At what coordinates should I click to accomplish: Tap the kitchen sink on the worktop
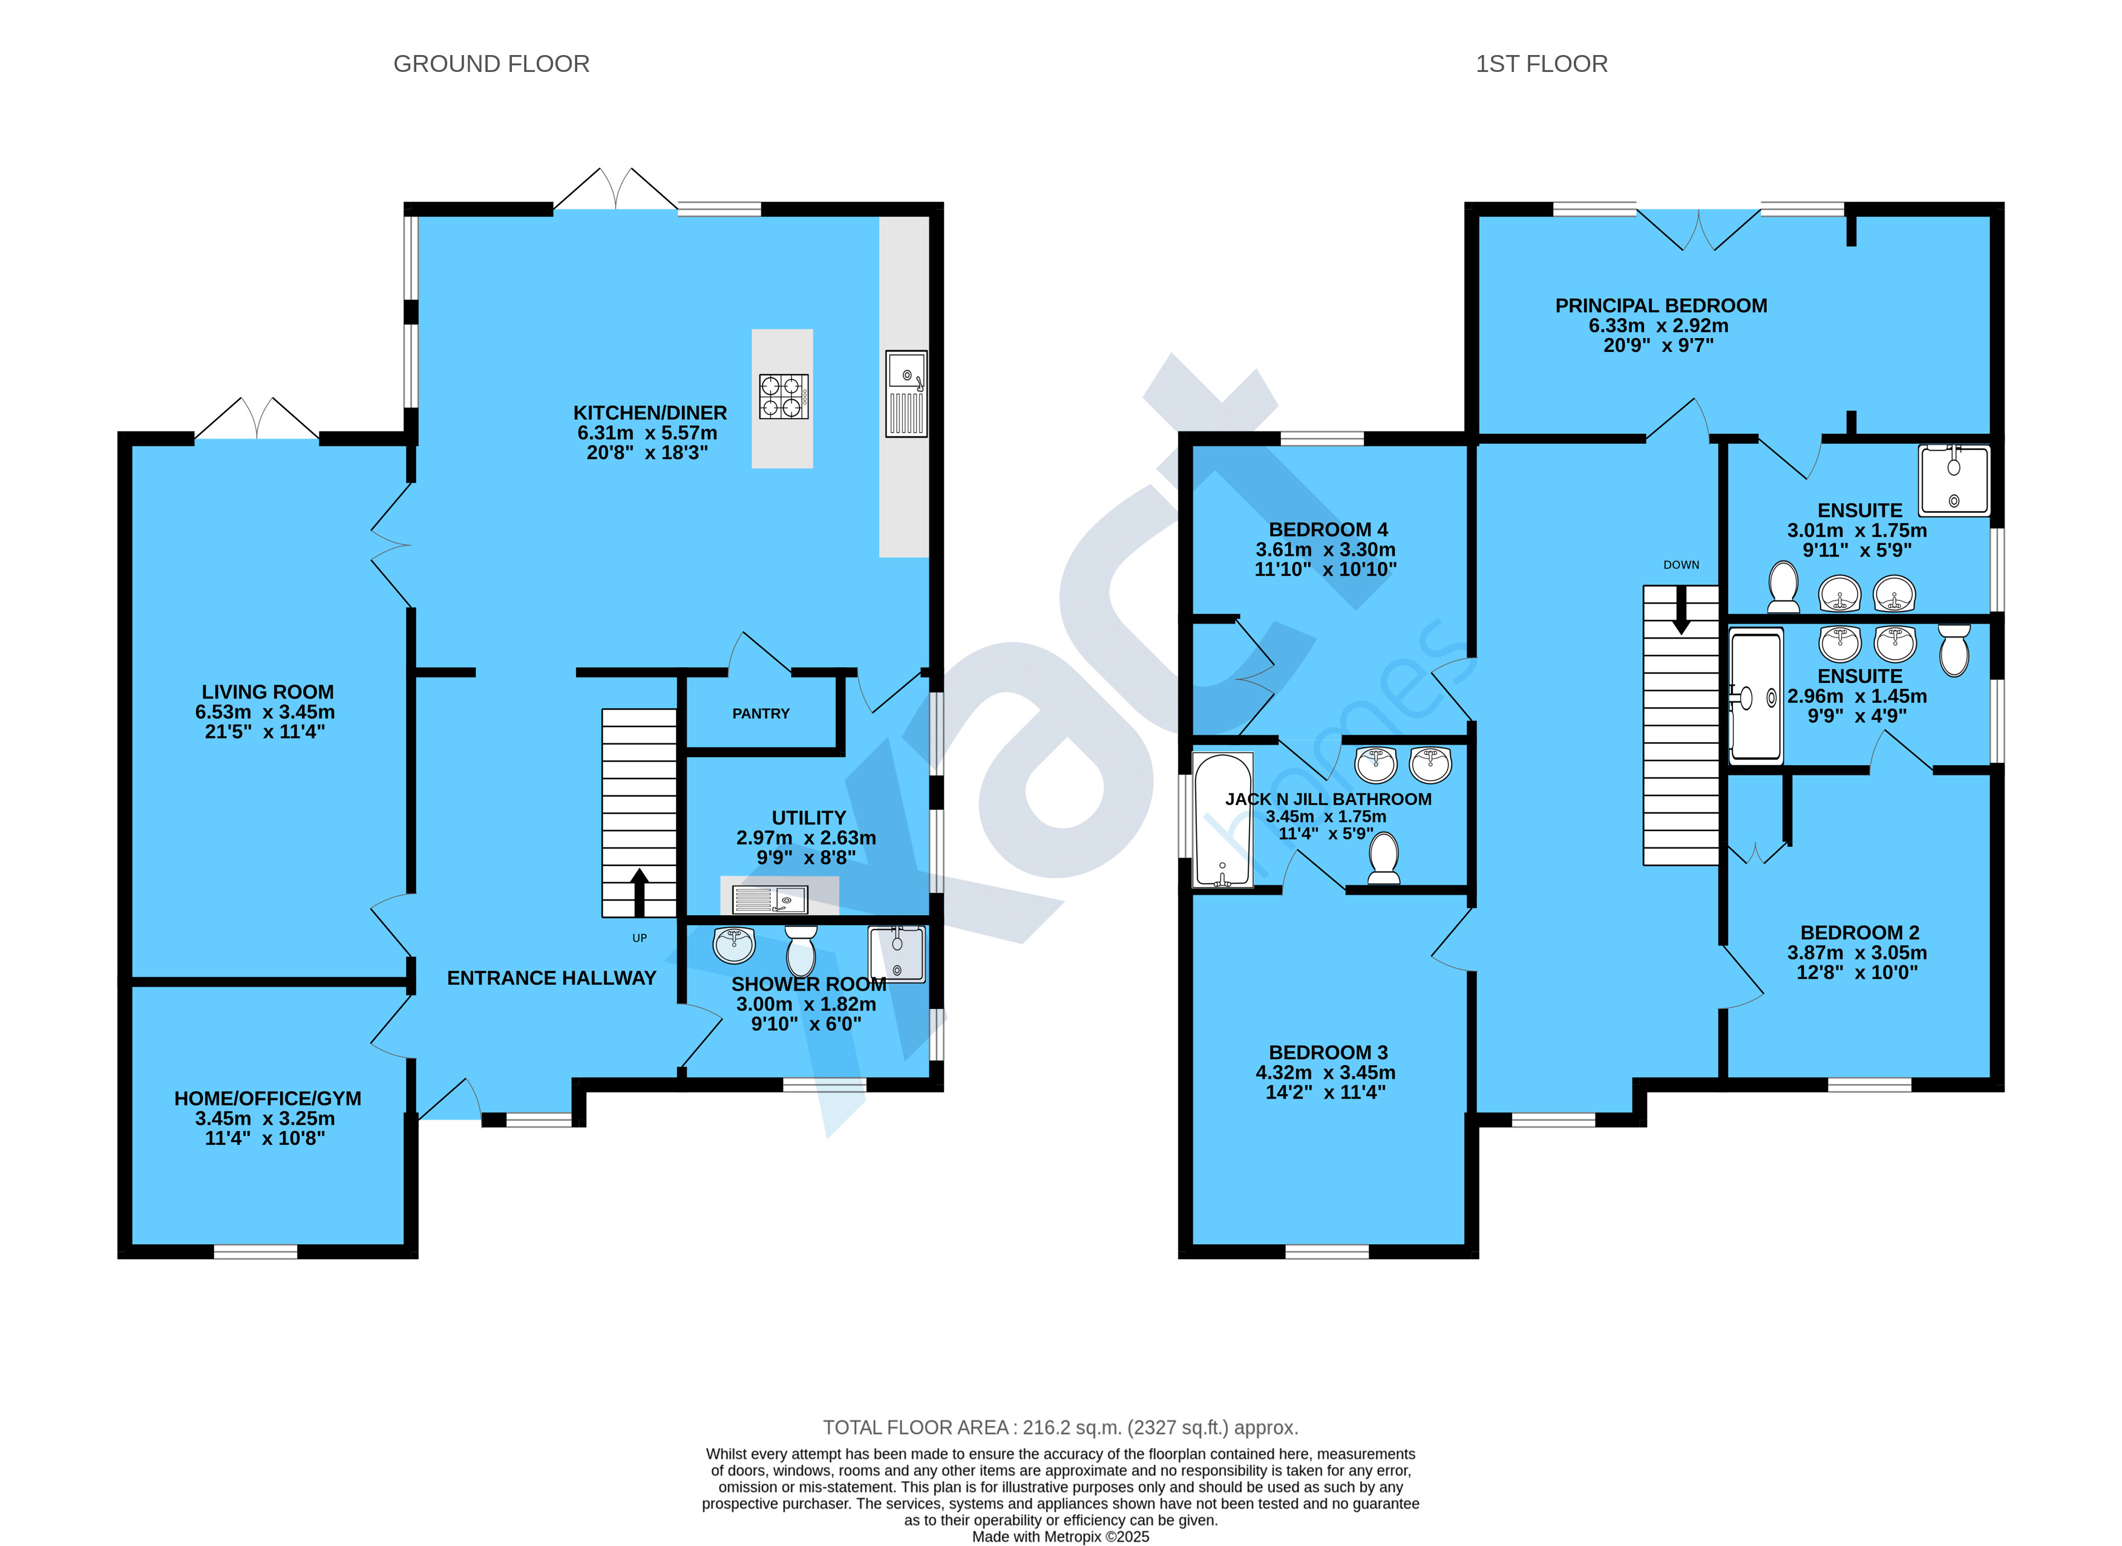(x=906, y=393)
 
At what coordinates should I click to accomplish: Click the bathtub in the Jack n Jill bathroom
(x=1222, y=820)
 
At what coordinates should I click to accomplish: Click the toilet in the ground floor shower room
(x=801, y=951)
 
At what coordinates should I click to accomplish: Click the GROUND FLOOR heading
(x=491, y=64)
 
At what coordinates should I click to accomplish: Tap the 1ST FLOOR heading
(x=1542, y=64)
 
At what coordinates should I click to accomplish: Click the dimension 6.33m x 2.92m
(x=1659, y=325)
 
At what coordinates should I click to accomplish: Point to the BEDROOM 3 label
(x=1328, y=1053)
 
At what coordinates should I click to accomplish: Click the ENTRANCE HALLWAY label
(x=551, y=979)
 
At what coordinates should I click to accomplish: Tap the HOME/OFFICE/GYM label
(x=267, y=1098)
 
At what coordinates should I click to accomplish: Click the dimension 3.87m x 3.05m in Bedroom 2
(x=1857, y=953)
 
